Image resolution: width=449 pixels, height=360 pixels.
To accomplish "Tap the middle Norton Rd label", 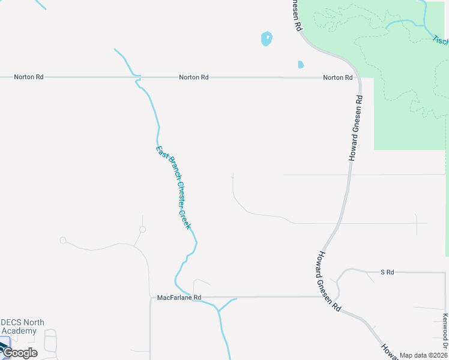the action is (x=193, y=77).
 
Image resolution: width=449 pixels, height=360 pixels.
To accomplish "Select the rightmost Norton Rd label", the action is (x=337, y=77).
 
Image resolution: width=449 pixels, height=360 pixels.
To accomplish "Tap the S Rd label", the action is (x=387, y=272).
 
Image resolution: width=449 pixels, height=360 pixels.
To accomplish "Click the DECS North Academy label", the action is (x=23, y=326).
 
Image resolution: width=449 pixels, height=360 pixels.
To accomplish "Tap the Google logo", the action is (x=19, y=352).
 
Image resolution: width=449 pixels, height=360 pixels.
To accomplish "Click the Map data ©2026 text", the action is (x=423, y=355).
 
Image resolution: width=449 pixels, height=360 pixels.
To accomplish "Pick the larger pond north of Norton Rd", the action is (x=267, y=39).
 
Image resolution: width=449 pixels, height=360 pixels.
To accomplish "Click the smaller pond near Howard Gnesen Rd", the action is (x=301, y=64).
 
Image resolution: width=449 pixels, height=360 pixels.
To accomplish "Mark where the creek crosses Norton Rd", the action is (x=137, y=77).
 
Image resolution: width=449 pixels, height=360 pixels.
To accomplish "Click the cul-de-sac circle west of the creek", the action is (x=63, y=241).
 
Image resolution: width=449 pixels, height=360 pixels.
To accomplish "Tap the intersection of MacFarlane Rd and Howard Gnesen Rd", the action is (x=334, y=296).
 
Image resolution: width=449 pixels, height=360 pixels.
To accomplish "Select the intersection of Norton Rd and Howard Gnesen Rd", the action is (x=358, y=77).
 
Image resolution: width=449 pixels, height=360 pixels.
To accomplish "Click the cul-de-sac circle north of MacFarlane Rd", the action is (x=142, y=229).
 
